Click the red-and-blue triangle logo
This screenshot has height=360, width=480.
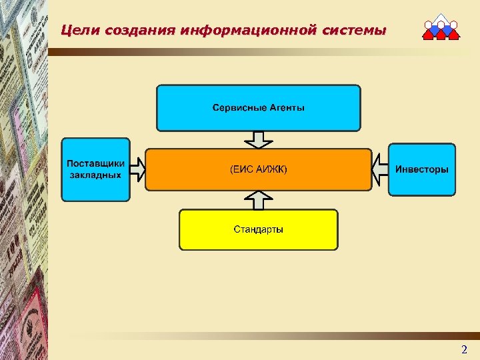click(x=441, y=27)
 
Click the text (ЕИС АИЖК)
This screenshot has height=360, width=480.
click(x=259, y=170)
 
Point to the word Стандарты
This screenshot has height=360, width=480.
click(x=258, y=229)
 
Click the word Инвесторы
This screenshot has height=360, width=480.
click(x=422, y=169)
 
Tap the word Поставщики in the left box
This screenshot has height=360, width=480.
click(x=95, y=163)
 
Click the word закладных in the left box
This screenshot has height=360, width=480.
click(x=95, y=175)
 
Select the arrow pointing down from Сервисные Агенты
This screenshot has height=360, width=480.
click(x=259, y=139)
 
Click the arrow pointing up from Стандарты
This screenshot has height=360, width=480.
click(x=259, y=199)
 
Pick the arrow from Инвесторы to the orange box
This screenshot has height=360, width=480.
click(x=379, y=169)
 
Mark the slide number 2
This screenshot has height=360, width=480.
click(x=464, y=349)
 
